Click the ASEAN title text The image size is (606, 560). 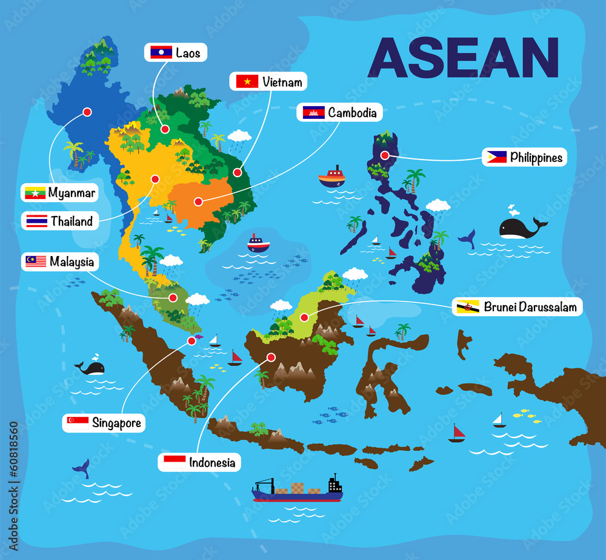463,58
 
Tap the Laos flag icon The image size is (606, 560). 161,52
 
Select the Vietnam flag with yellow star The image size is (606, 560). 247,81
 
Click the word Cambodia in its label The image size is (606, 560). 352,112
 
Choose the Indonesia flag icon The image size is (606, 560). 175,462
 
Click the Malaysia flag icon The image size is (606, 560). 36,261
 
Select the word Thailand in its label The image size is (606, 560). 72,221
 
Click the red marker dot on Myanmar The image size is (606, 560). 87,112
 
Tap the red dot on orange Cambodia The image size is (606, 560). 198,203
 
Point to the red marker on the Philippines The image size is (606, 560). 385,155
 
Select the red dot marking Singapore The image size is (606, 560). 192,341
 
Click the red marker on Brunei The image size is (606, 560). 304,317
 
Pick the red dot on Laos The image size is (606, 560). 165,129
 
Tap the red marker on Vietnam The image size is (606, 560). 238,172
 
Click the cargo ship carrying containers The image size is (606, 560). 298,489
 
